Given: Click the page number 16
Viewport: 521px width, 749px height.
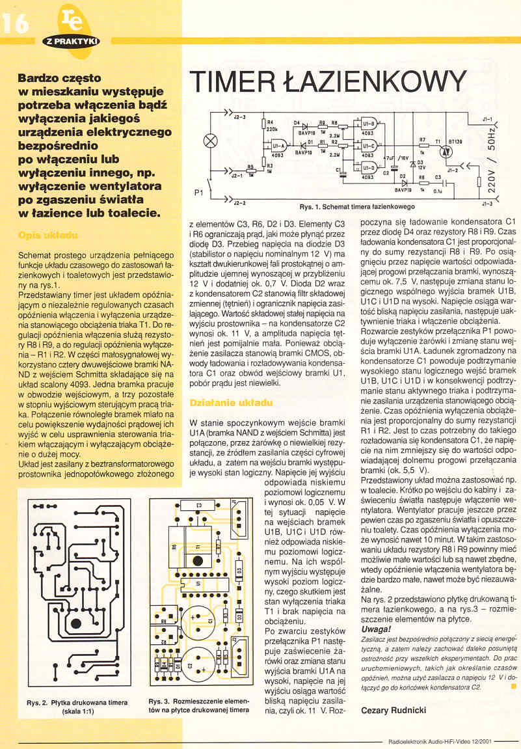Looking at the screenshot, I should click(16, 23).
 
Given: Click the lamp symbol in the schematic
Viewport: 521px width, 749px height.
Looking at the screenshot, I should click(210, 140).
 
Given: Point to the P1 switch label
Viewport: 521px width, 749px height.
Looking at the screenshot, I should click(200, 193).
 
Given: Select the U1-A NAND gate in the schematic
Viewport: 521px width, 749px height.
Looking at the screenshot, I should click(278, 147).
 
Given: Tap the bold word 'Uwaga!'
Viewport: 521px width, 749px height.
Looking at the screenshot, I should click(376, 629).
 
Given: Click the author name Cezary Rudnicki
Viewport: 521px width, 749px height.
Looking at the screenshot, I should click(393, 711).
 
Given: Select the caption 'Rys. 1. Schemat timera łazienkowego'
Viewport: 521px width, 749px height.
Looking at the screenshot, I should click(356, 206).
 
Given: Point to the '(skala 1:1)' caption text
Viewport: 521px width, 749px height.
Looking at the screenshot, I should click(77, 711).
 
